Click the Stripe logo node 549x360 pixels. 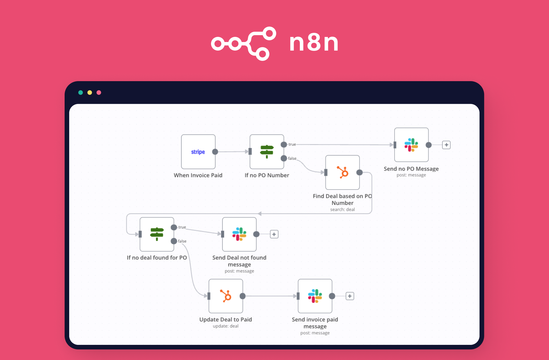(198, 152)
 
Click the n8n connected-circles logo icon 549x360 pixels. (244, 43)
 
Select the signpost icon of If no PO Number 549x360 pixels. (266, 151)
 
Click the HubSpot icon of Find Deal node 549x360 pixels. (343, 172)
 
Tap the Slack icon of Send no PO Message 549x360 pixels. (411, 145)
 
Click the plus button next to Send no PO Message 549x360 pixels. (446, 145)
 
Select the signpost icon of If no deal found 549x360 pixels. (157, 234)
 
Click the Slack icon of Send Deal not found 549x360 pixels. (239, 234)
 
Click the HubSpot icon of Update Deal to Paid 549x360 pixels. (226, 296)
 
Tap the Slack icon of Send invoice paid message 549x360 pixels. (315, 296)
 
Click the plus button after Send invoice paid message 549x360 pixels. (350, 296)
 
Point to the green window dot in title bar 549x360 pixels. (81, 93)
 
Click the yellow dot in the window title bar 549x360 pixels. (90, 93)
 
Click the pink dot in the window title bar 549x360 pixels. (99, 93)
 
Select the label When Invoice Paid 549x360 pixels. (198, 175)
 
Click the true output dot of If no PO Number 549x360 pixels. (284, 145)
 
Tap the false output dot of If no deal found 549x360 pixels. (174, 241)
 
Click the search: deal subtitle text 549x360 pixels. (342, 209)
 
